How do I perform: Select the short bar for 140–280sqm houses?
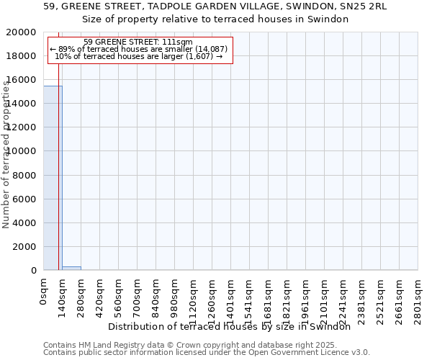71,268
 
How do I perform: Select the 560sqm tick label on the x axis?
119,297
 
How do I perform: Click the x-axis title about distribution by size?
234,326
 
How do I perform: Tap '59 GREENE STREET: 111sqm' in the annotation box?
138,42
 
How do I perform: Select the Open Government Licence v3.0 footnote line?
207,352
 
